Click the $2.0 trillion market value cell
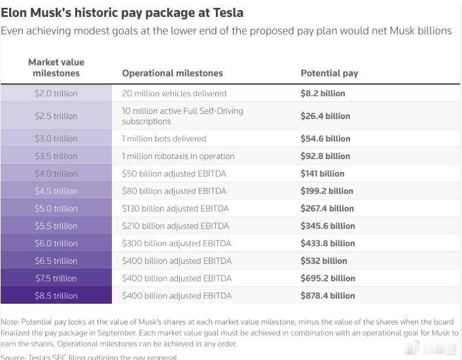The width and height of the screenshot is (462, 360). [56, 94]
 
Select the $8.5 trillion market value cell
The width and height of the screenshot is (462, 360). [56, 296]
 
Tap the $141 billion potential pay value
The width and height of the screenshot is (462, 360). [322, 173]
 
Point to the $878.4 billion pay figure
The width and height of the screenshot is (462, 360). [327, 296]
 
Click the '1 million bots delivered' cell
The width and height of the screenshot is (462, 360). [164, 139]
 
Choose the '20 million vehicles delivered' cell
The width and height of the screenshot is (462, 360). [174, 94]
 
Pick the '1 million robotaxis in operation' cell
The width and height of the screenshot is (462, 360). [178, 156]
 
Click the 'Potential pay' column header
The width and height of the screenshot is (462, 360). [329, 73]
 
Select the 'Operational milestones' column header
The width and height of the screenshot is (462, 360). [172, 73]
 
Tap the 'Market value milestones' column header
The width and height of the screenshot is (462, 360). [56, 67]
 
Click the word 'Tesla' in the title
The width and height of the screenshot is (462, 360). [228, 12]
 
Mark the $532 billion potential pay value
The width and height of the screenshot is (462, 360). [323, 261]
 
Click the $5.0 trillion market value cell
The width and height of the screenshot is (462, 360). [56, 209]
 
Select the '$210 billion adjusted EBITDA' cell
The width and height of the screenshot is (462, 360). [175, 226]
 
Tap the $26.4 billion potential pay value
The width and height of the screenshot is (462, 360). [325, 116]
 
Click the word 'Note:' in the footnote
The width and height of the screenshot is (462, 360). [10, 322]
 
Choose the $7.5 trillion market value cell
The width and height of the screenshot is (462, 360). [56, 278]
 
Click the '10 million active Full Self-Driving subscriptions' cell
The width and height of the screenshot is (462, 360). [182, 116]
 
